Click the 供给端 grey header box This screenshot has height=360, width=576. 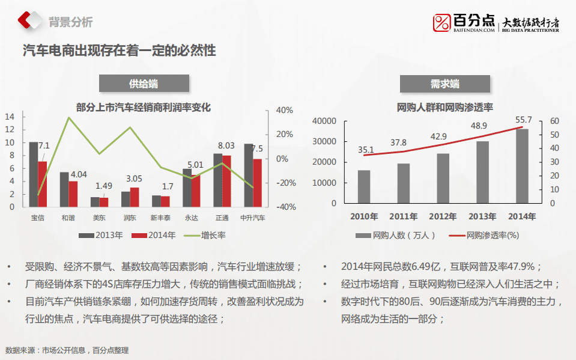click(x=144, y=84)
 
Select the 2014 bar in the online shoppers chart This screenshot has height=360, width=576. click(x=522, y=166)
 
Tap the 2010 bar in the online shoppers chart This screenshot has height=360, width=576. click(x=364, y=186)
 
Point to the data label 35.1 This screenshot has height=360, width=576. click(x=366, y=150)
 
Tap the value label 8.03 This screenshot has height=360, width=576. click(x=226, y=145)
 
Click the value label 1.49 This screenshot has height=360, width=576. click(x=104, y=186)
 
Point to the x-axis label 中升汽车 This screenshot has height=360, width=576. click(x=253, y=218)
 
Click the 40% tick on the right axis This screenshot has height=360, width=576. click(x=284, y=111)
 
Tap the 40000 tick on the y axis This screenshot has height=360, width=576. click(x=324, y=121)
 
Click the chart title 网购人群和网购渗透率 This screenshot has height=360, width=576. click(x=445, y=108)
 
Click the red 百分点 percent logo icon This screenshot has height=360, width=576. click(x=442, y=23)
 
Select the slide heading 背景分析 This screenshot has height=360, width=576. click(x=70, y=22)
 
